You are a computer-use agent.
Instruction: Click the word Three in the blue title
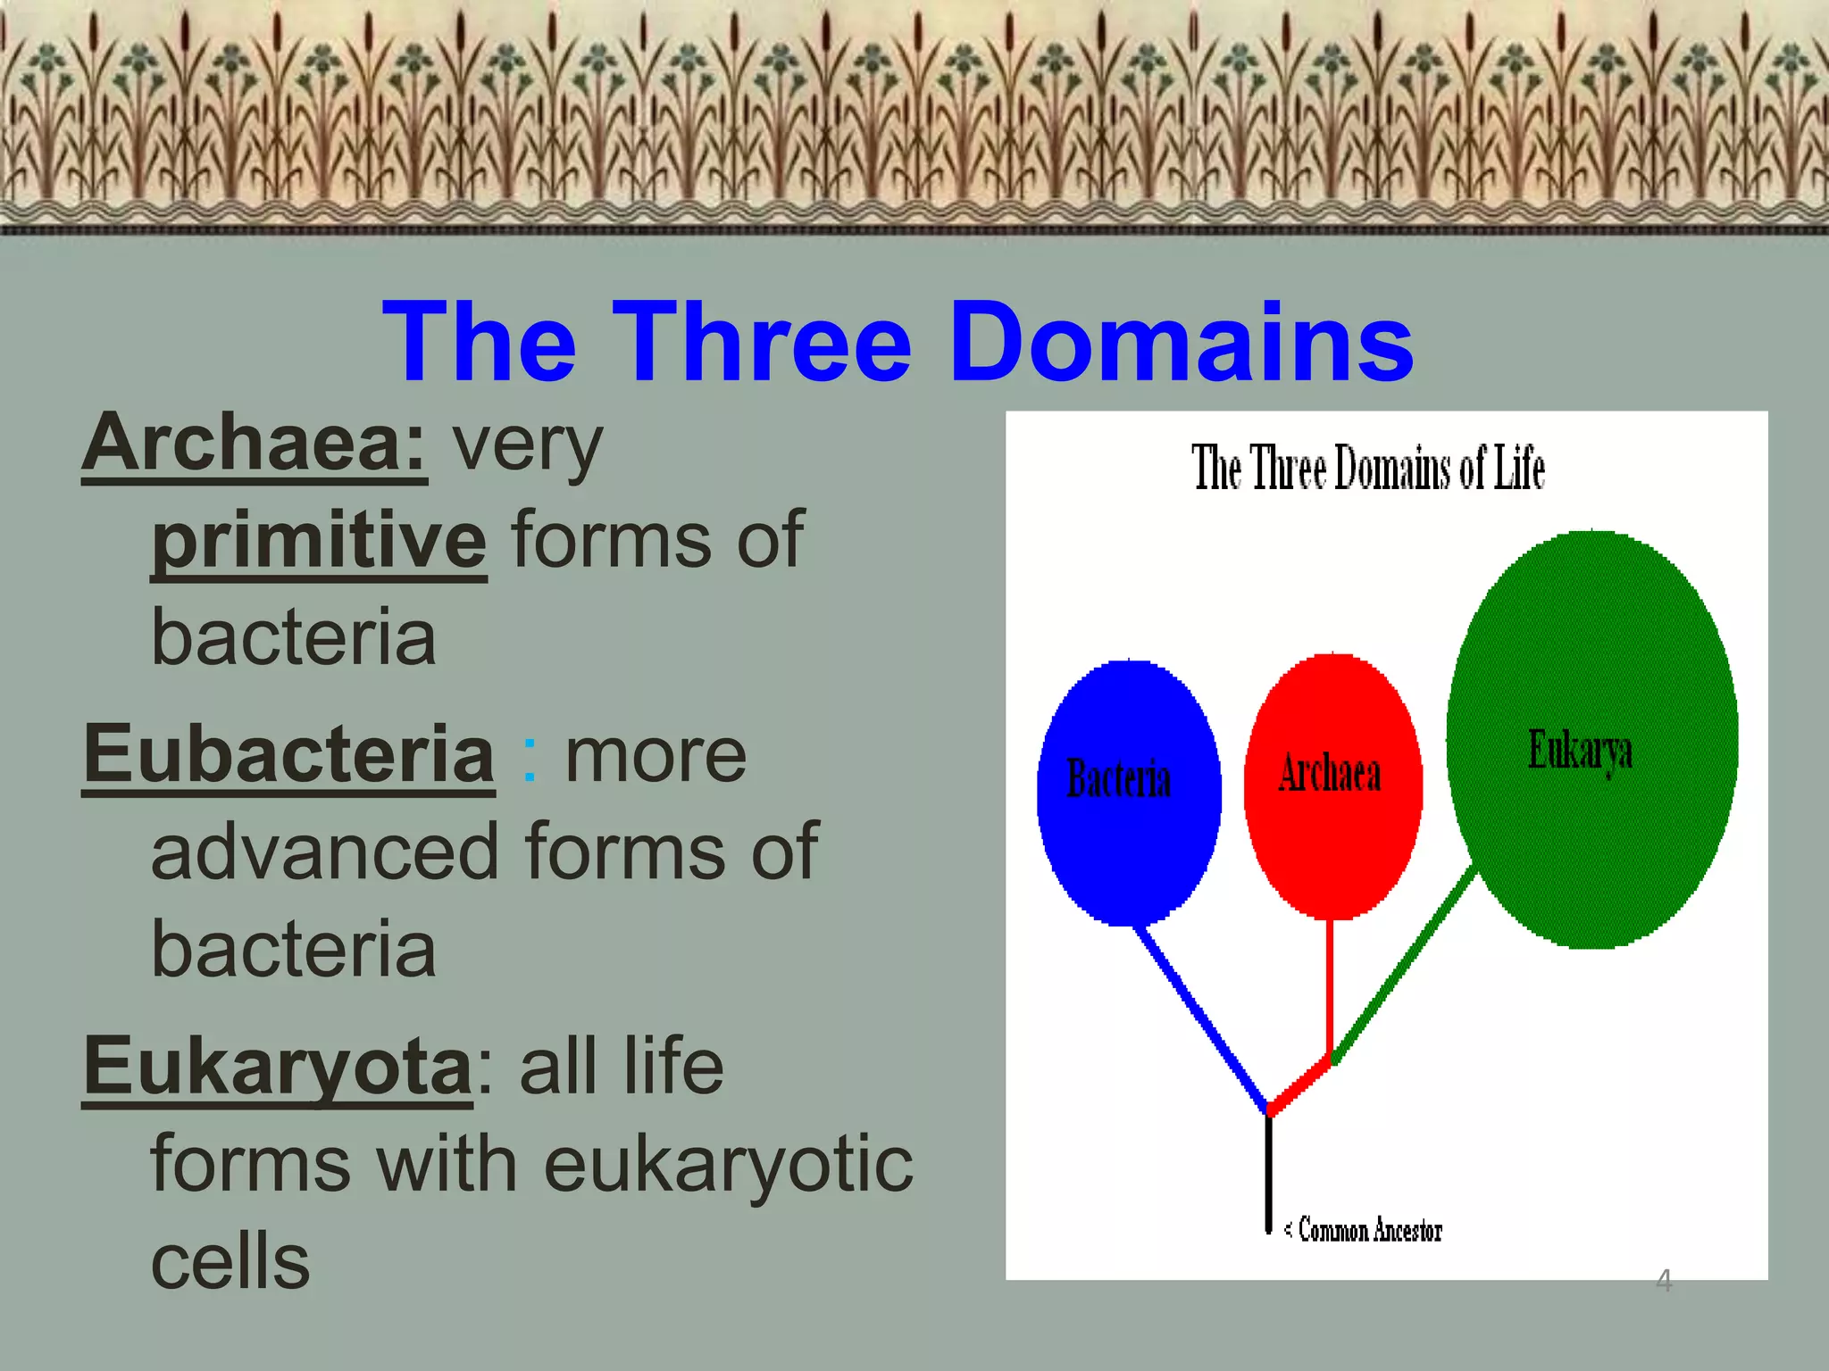click(x=761, y=343)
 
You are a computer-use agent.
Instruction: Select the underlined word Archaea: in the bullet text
click(x=255, y=444)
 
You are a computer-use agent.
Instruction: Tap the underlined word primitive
click(x=319, y=541)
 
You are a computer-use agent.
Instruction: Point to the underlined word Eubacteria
click(x=288, y=755)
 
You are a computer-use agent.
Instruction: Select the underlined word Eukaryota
click(x=278, y=1067)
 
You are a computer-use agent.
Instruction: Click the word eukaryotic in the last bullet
click(x=728, y=1165)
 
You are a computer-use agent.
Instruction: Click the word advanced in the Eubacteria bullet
click(x=324, y=852)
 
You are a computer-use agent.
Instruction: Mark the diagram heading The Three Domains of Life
click(x=1367, y=468)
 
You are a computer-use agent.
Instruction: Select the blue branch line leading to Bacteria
click(x=1201, y=1018)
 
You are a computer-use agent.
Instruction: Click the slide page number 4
click(x=1663, y=1281)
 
